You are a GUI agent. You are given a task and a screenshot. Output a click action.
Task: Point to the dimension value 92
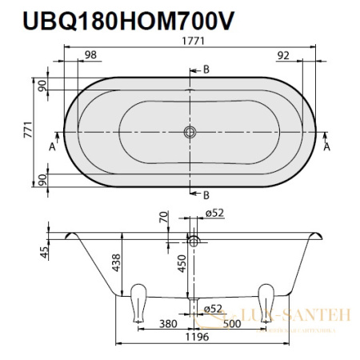click(282, 54)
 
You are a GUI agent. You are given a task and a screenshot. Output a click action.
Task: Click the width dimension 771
click(27, 132)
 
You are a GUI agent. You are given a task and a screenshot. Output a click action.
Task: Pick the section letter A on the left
click(52, 147)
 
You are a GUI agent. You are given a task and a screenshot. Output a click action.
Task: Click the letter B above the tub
click(206, 70)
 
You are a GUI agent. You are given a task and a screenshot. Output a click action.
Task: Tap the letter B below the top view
click(206, 194)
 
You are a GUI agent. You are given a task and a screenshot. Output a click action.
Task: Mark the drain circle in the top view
click(190, 132)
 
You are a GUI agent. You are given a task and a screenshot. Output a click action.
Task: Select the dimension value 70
click(163, 217)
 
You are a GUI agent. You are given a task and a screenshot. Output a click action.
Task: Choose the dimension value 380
click(167, 325)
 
